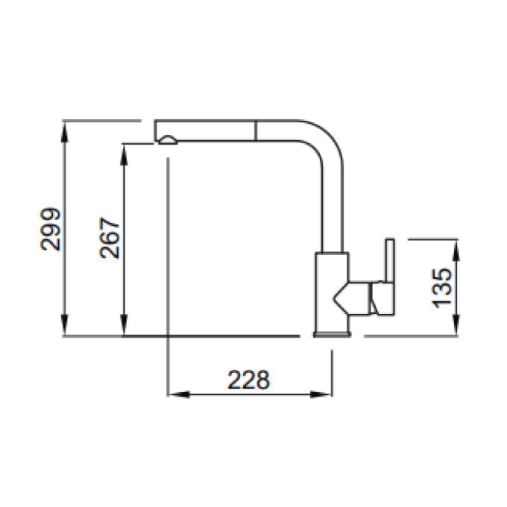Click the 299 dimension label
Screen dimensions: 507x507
click(x=51, y=229)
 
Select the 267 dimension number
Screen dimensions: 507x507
click(x=110, y=238)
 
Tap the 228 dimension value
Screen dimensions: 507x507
click(x=248, y=380)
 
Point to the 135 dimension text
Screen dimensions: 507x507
click(x=441, y=288)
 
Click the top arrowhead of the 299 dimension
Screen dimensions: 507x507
click(x=65, y=132)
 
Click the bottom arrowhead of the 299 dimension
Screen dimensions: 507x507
click(x=65, y=325)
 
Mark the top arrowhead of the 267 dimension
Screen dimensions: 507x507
click(x=125, y=154)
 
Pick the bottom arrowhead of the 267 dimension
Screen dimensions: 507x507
click(x=125, y=325)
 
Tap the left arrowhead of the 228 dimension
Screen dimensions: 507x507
click(x=179, y=394)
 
